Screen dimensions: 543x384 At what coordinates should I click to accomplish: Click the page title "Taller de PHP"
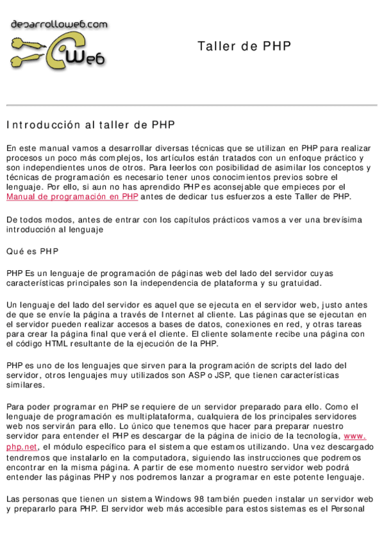[244, 46]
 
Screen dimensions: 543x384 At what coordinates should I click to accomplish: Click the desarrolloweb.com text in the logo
[59, 24]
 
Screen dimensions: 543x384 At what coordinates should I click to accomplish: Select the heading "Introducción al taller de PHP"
[90, 124]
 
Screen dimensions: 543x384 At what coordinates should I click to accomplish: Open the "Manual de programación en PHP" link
[72, 197]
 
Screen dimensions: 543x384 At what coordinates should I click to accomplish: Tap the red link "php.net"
[22, 446]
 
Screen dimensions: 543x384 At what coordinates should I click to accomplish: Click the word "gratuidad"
[294, 283]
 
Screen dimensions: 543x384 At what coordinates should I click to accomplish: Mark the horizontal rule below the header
[192, 105]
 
